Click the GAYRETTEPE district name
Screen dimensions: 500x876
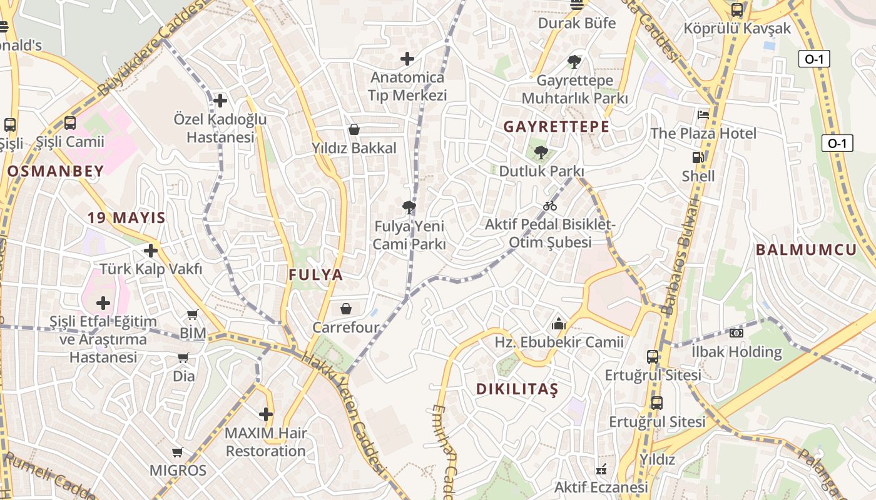[556, 127]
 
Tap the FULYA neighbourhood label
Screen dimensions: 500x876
[316, 275]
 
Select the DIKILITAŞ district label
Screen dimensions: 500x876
[517, 389]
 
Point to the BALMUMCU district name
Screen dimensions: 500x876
[806, 250]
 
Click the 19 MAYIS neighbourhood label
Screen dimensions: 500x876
[126, 218]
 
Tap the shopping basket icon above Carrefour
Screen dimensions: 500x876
[346, 309]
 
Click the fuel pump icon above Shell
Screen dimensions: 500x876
[698, 157]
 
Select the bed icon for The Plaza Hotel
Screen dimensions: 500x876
[703, 115]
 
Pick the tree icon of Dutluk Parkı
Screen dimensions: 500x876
[541, 152]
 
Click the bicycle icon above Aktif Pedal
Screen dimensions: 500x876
[550, 206]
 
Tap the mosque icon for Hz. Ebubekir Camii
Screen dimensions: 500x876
[559, 324]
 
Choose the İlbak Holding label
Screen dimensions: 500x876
[736, 352]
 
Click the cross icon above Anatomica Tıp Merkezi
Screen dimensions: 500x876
[407, 59]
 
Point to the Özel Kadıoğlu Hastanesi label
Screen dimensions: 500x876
[220, 128]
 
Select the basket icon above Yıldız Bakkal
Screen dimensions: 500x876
[354, 129]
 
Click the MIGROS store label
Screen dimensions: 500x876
[178, 470]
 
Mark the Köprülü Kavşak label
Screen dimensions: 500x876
[737, 29]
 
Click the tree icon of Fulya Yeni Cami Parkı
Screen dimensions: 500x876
[409, 207]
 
